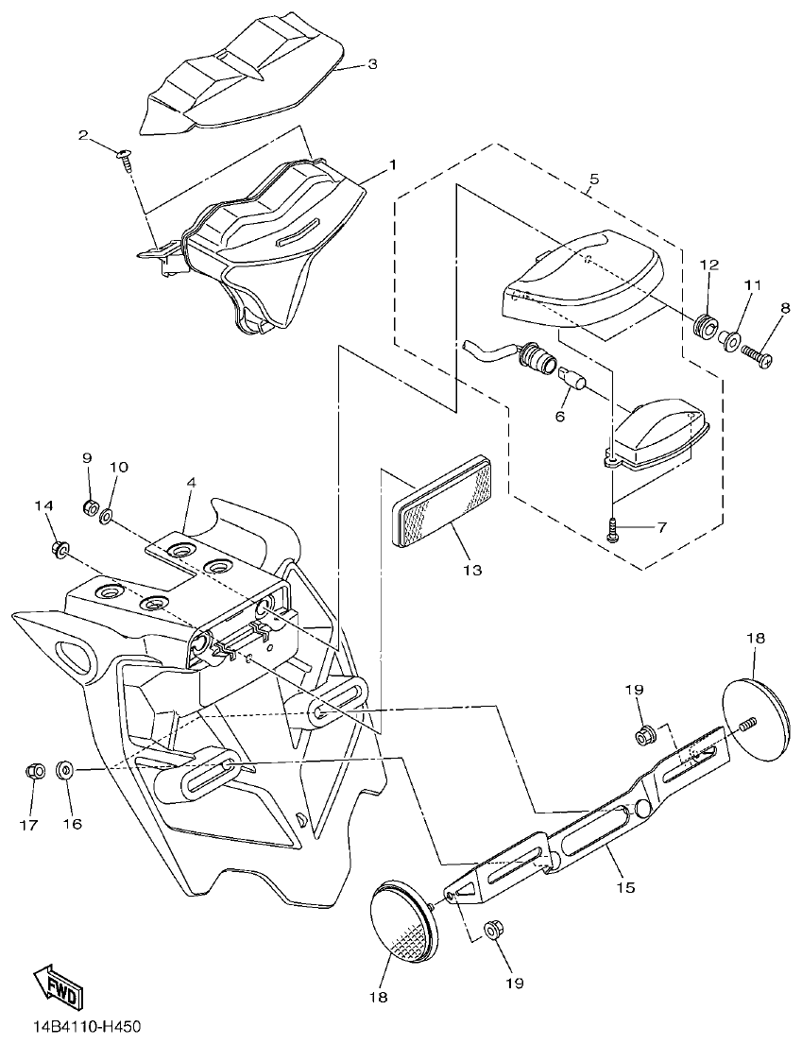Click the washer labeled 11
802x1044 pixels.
pos(730,338)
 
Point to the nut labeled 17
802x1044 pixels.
pos(32,771)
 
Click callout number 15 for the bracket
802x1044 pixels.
pos(624,887)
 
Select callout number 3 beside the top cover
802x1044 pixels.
pos(371,64)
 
